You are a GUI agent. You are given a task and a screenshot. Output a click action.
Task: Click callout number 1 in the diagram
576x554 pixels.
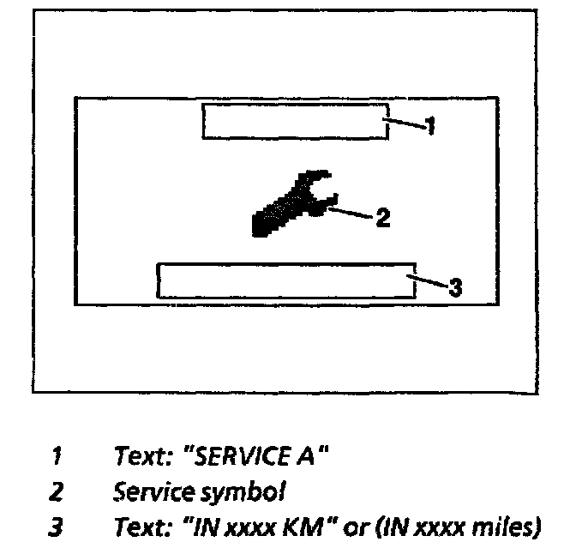point(431,127)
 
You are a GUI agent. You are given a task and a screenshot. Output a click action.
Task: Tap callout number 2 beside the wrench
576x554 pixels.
point(383,218)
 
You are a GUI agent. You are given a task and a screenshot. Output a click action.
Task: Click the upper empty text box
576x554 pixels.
point(295,121)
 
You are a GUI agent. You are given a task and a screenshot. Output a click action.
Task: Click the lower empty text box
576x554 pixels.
point(286,280)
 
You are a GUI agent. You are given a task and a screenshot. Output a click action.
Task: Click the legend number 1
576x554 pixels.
point(57,457)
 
